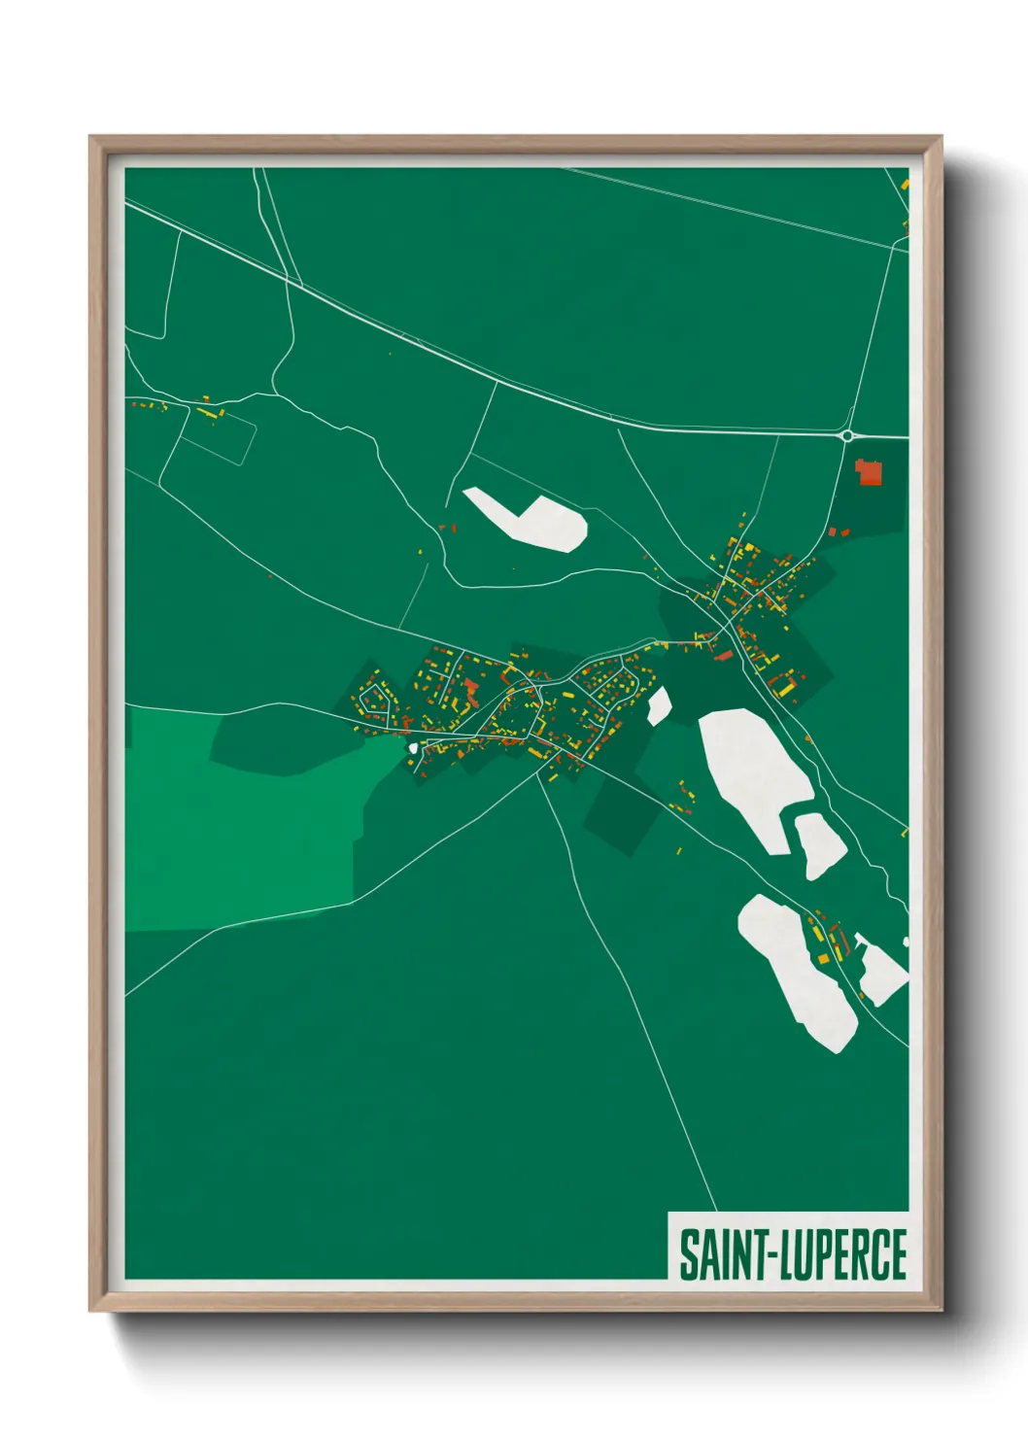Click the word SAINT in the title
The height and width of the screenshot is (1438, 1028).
point(721,1254)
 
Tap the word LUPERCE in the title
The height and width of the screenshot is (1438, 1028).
point(844,1254)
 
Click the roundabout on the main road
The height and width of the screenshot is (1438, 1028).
point(847,436)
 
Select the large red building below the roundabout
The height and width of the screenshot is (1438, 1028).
point(868,472)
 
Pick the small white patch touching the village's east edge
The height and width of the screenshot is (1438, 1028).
point(659,705)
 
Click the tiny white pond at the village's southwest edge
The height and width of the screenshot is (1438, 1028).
point(413,747)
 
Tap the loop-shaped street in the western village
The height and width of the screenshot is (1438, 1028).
point(373,702)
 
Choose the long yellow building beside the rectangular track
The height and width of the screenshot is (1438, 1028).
point(209,413)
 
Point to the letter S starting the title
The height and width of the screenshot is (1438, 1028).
point(688,1254)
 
